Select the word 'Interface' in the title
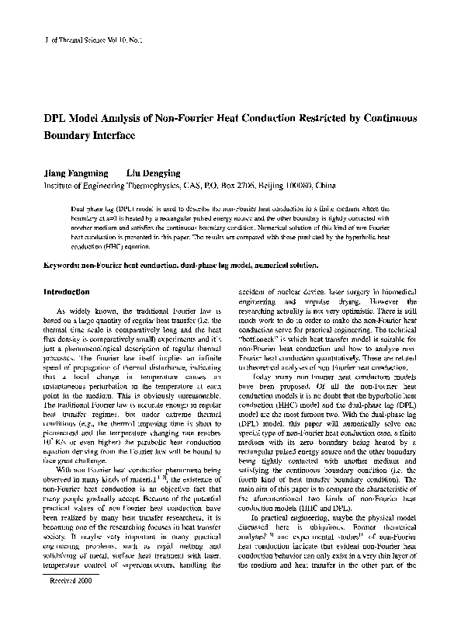coord(112,135)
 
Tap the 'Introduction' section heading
coord(66,292)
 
